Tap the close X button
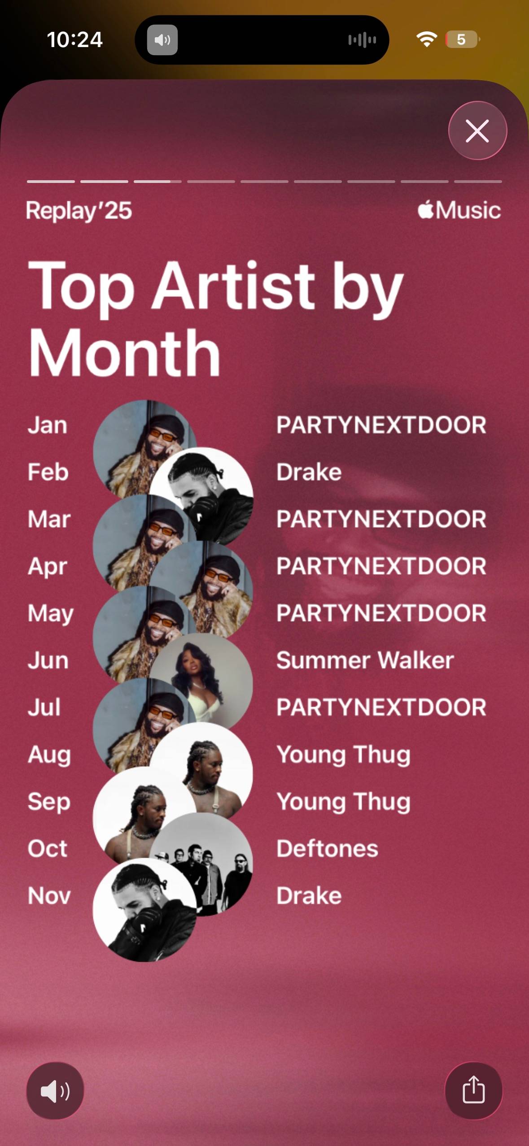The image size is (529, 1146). [477, 130]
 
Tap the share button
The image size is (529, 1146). [473, 1090]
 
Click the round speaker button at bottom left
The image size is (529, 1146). [55, 1090]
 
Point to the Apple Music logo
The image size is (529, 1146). [459, 210]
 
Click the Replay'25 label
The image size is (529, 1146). [79, 211]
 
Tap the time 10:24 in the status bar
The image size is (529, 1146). [75, 39]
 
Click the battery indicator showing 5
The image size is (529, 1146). [463, 39]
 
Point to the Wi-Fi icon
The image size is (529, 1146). [427, 39]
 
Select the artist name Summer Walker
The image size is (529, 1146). [365, 660]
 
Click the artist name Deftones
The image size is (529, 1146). [328, 848]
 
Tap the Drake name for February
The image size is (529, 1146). [309, 472]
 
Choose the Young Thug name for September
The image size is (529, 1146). [344, 801]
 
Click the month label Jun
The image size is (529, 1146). [48, 660]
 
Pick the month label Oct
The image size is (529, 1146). [48, 848]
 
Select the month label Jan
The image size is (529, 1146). [48, 425]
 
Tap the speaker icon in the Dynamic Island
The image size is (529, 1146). [162, 40]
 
